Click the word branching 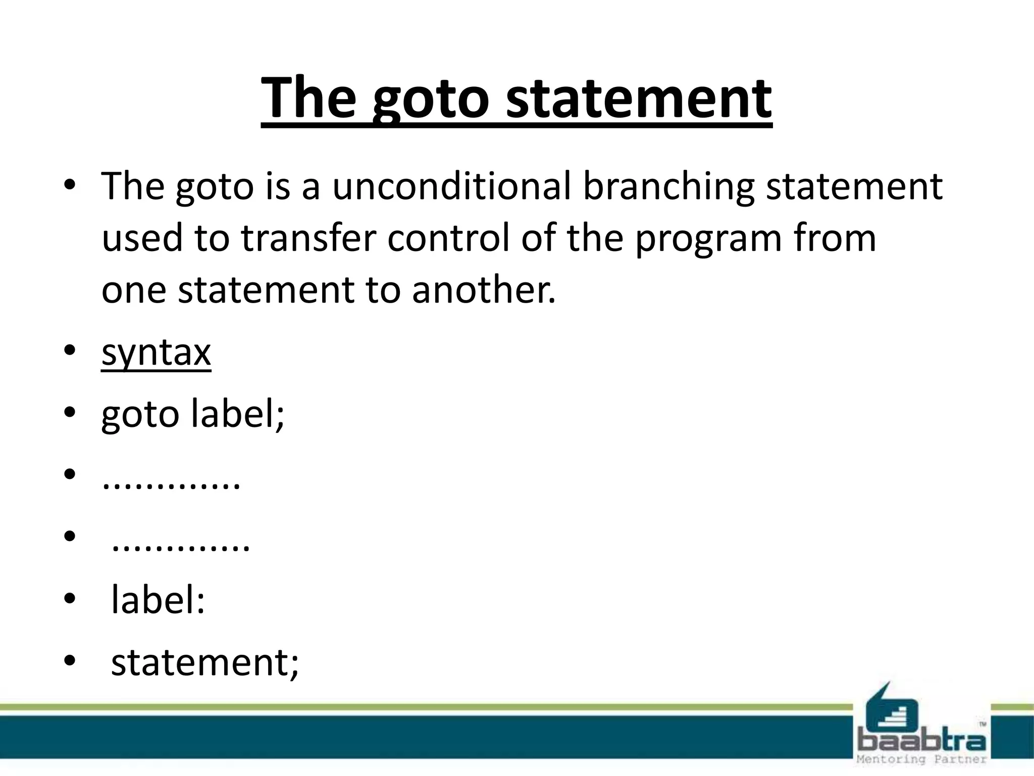coord(668,187)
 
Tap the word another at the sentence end coord(483,290)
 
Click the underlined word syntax coord(156,353)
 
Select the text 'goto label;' coord(193,414)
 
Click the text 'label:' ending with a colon coord(158,600)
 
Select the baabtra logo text coord(921,741)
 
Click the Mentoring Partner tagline coord(921,759)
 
